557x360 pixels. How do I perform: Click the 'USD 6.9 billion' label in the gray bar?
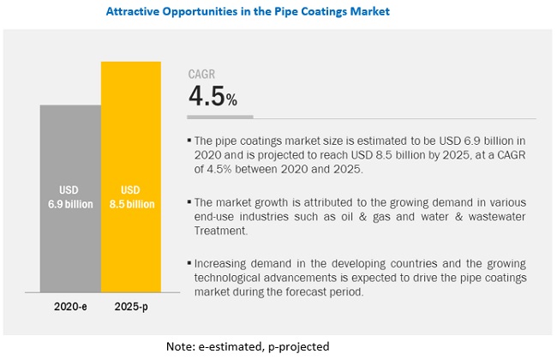tap(70, 196)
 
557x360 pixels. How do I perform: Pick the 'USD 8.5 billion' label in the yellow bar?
tap(131, 196)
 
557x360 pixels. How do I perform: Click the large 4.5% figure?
tap(213, 97)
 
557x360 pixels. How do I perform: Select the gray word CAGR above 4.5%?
tap(202, 74)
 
